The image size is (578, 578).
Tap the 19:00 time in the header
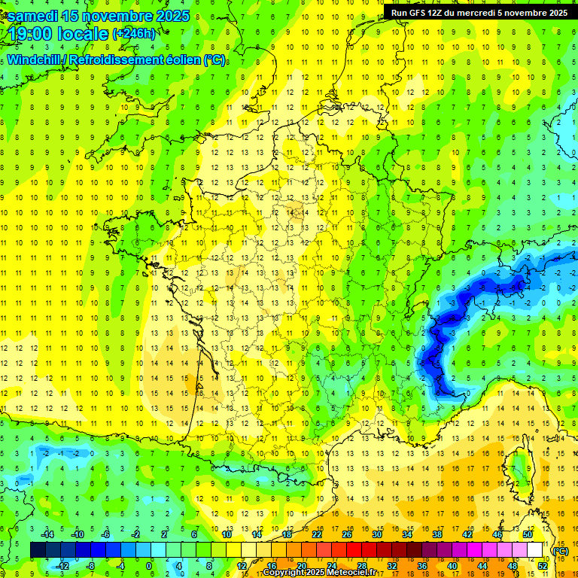tap(36, 34)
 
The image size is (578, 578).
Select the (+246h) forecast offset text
tap(134, 34)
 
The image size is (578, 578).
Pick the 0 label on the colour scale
tap(149, 565)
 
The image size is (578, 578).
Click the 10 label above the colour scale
tap(226, 534)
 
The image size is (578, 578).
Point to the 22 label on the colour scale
tap(317, 534)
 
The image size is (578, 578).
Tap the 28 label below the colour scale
tap(362, 565)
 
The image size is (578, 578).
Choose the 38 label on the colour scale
tap(437, 534)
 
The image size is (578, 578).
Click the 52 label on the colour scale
tap(543, 565)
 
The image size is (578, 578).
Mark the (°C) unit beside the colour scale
tap(561, 550)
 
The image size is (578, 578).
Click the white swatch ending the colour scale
tap(535, 549)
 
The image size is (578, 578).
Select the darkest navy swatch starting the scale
tap(38, 549)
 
